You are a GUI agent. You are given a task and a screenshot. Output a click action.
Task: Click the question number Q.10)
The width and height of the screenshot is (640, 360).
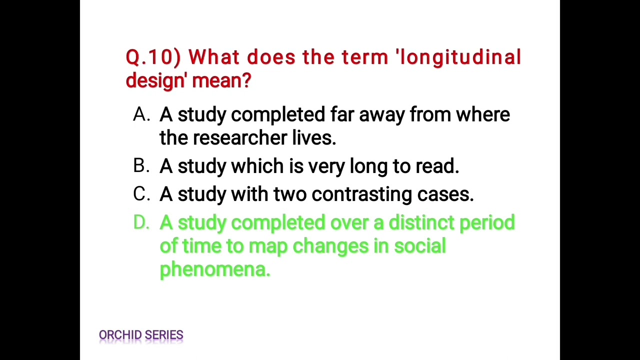pos(153,57)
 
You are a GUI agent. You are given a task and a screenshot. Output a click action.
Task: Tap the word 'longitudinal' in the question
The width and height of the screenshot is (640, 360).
pos(459,57)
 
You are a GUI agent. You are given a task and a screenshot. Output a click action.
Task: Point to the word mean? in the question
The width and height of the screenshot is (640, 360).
pos(221,80)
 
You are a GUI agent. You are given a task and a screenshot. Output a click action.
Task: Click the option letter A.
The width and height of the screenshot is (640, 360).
pos(141,115)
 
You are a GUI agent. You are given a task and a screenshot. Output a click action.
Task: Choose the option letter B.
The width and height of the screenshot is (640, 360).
pos(141,165)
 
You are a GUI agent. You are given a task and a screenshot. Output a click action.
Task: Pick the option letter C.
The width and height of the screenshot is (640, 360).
pos(141,193)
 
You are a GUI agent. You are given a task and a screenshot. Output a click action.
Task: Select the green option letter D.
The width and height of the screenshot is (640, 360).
pos(141,222)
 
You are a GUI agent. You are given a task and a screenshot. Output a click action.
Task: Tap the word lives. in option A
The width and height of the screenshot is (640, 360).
pos(314,138)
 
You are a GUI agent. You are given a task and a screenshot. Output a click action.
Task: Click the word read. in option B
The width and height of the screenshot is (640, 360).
pos(437,166)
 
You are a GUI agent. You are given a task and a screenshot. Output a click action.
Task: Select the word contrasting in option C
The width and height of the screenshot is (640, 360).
pos(361,194)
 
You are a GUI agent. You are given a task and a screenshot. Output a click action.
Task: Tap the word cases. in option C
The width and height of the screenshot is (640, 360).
pos(445,194)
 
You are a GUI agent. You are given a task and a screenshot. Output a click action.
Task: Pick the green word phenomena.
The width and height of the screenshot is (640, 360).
pos(215,269)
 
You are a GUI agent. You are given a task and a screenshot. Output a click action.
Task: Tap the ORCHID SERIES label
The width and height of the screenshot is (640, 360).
pos(141,335)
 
